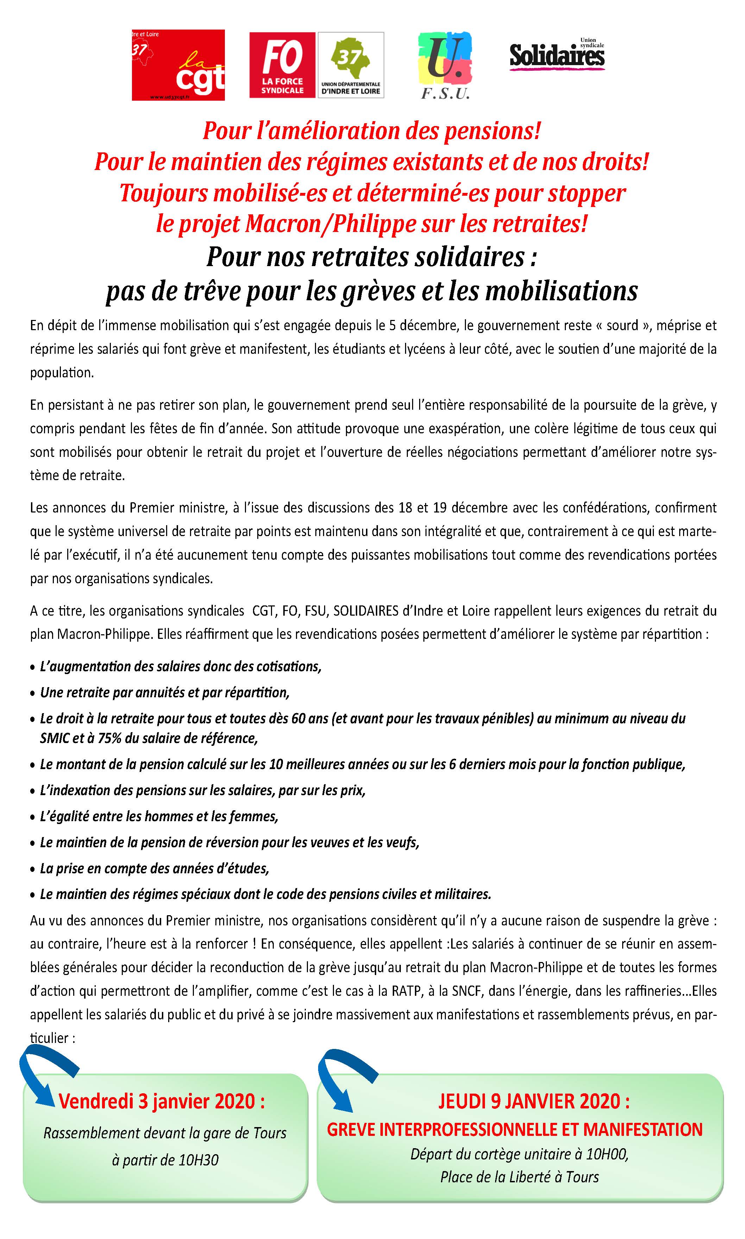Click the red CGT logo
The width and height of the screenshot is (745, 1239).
(x=178, y=65)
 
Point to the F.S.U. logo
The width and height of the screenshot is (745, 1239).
(x=445, y=65)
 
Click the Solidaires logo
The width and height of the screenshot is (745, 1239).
(x=557, y=56)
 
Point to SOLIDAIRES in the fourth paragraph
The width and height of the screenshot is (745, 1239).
(x=366, y=611)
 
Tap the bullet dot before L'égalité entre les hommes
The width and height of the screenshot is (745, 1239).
(x=33, y=817)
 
